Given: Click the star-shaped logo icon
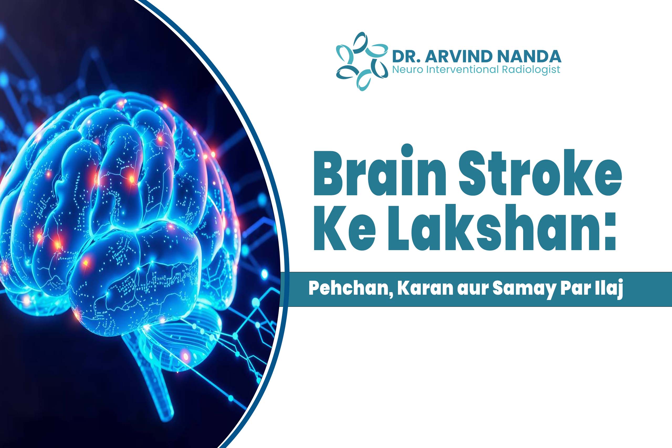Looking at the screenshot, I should coord(362,61).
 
